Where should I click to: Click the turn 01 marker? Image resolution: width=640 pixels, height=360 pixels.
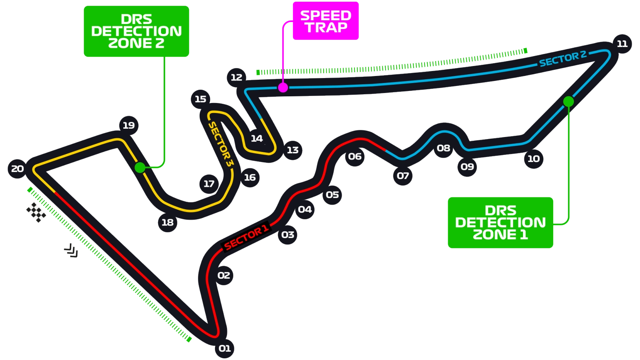pyautogui.click(x=225, y=348)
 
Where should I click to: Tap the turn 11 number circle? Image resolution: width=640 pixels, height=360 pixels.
pyautogui.click(x=622, y=44)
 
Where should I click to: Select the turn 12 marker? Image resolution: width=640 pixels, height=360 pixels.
pyautogui.click(x=237, y=78)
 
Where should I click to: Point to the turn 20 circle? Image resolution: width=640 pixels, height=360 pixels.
pyautogui.click(x=17, y=169)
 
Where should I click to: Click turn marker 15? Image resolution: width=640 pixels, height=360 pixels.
pyautogui.click(x=200, y=99)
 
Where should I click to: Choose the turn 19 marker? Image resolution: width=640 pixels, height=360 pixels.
pyautogui.click(x=129, y=125)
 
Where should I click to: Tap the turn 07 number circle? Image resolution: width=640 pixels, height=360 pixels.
pyautogui.click(x=403, y=176)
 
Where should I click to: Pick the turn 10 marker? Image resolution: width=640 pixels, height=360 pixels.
pyautogui.click(x=533, y=159)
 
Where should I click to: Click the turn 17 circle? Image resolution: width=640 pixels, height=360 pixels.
pyautogui.click(x=209, y=184)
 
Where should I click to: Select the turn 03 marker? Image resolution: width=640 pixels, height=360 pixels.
pyautogui.click(x=288, y=235)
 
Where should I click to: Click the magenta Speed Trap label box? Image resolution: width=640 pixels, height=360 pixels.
pyautogui.click(x=326, y=21)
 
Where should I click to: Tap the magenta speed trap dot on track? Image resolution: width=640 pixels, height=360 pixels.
pyautogui.click(x=283, y=88)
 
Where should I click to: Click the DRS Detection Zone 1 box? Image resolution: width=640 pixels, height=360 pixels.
pyautogui.click(x=500, y=223)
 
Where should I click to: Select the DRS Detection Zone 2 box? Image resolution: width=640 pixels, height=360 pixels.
pyautogui.click(x=136, y=31)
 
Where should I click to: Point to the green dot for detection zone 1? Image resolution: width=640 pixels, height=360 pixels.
pyautogui.click(x=568, y=101)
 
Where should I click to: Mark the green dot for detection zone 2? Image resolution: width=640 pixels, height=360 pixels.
pyautogui.click(x=140, y=168)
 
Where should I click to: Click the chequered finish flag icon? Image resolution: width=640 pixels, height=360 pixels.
pyautogui.click(x=36, y=213)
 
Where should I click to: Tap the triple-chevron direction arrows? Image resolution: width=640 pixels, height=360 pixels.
pyautogui.click(x=71, y=251)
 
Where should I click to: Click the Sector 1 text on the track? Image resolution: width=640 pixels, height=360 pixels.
pyautogui.click(x=246, y=237)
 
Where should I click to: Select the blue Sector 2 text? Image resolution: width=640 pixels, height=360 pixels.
pyautogui.click(x=563, y=59)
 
